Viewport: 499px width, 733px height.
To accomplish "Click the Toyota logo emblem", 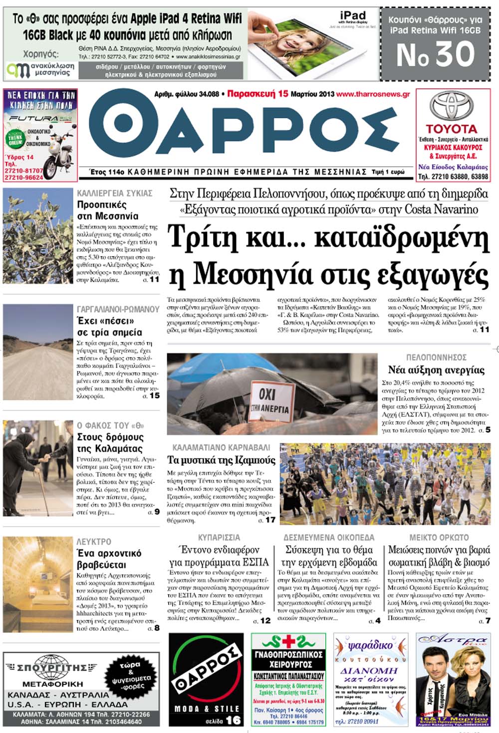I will coord(452,106).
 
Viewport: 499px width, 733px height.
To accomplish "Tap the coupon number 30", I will coord(436,54).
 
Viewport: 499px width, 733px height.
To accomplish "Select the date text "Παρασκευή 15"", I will coord(257,93).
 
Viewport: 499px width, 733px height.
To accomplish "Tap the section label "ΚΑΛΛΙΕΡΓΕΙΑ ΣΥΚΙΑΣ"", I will coord(114,193).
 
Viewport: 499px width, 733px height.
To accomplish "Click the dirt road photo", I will coord(38,352).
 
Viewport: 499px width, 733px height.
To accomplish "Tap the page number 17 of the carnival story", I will coord(270,520).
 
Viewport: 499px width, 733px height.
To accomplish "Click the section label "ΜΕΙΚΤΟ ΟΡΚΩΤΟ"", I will coord(439,538).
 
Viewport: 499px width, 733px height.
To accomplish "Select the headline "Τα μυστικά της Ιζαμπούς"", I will coord(221,460).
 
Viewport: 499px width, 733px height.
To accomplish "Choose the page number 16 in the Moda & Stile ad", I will coord(233,720).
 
